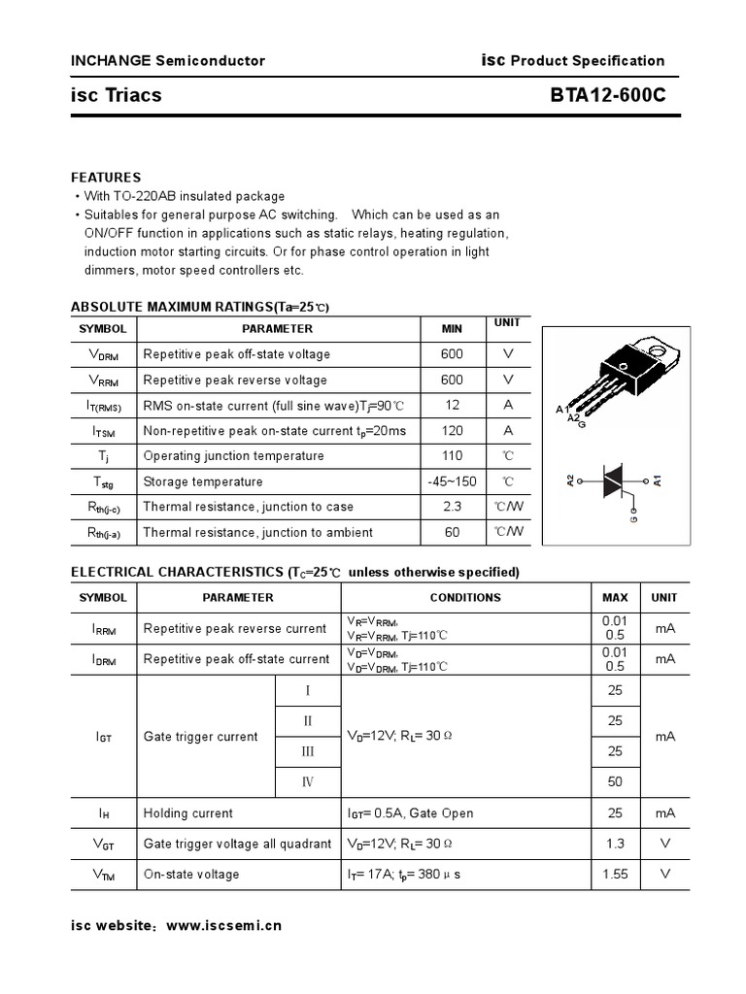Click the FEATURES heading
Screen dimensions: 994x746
tap(106, 178)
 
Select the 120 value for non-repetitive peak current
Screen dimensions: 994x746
tap(452, 430)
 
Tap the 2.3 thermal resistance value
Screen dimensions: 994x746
tap(452, 506)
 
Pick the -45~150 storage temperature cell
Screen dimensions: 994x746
tap(452, 481)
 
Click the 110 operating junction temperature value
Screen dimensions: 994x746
tap(452, 455)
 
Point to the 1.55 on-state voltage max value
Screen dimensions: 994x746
tap(615, 874)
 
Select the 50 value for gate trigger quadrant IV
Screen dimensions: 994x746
tap(615, 780)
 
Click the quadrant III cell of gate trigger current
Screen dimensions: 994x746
tap(308, 750)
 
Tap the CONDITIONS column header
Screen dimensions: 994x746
tap(465, 598)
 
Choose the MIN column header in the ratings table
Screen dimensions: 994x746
tap(452, 328)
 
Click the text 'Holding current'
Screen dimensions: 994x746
tap(188, 812)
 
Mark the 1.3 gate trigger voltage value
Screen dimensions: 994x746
tap(615, 844)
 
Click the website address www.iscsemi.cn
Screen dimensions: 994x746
tap(224, 925)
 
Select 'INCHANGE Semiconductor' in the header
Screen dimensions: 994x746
tap(168, 60)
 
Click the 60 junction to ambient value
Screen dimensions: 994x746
tap(452, 531)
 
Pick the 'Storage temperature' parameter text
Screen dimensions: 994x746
tap(203, 481)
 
